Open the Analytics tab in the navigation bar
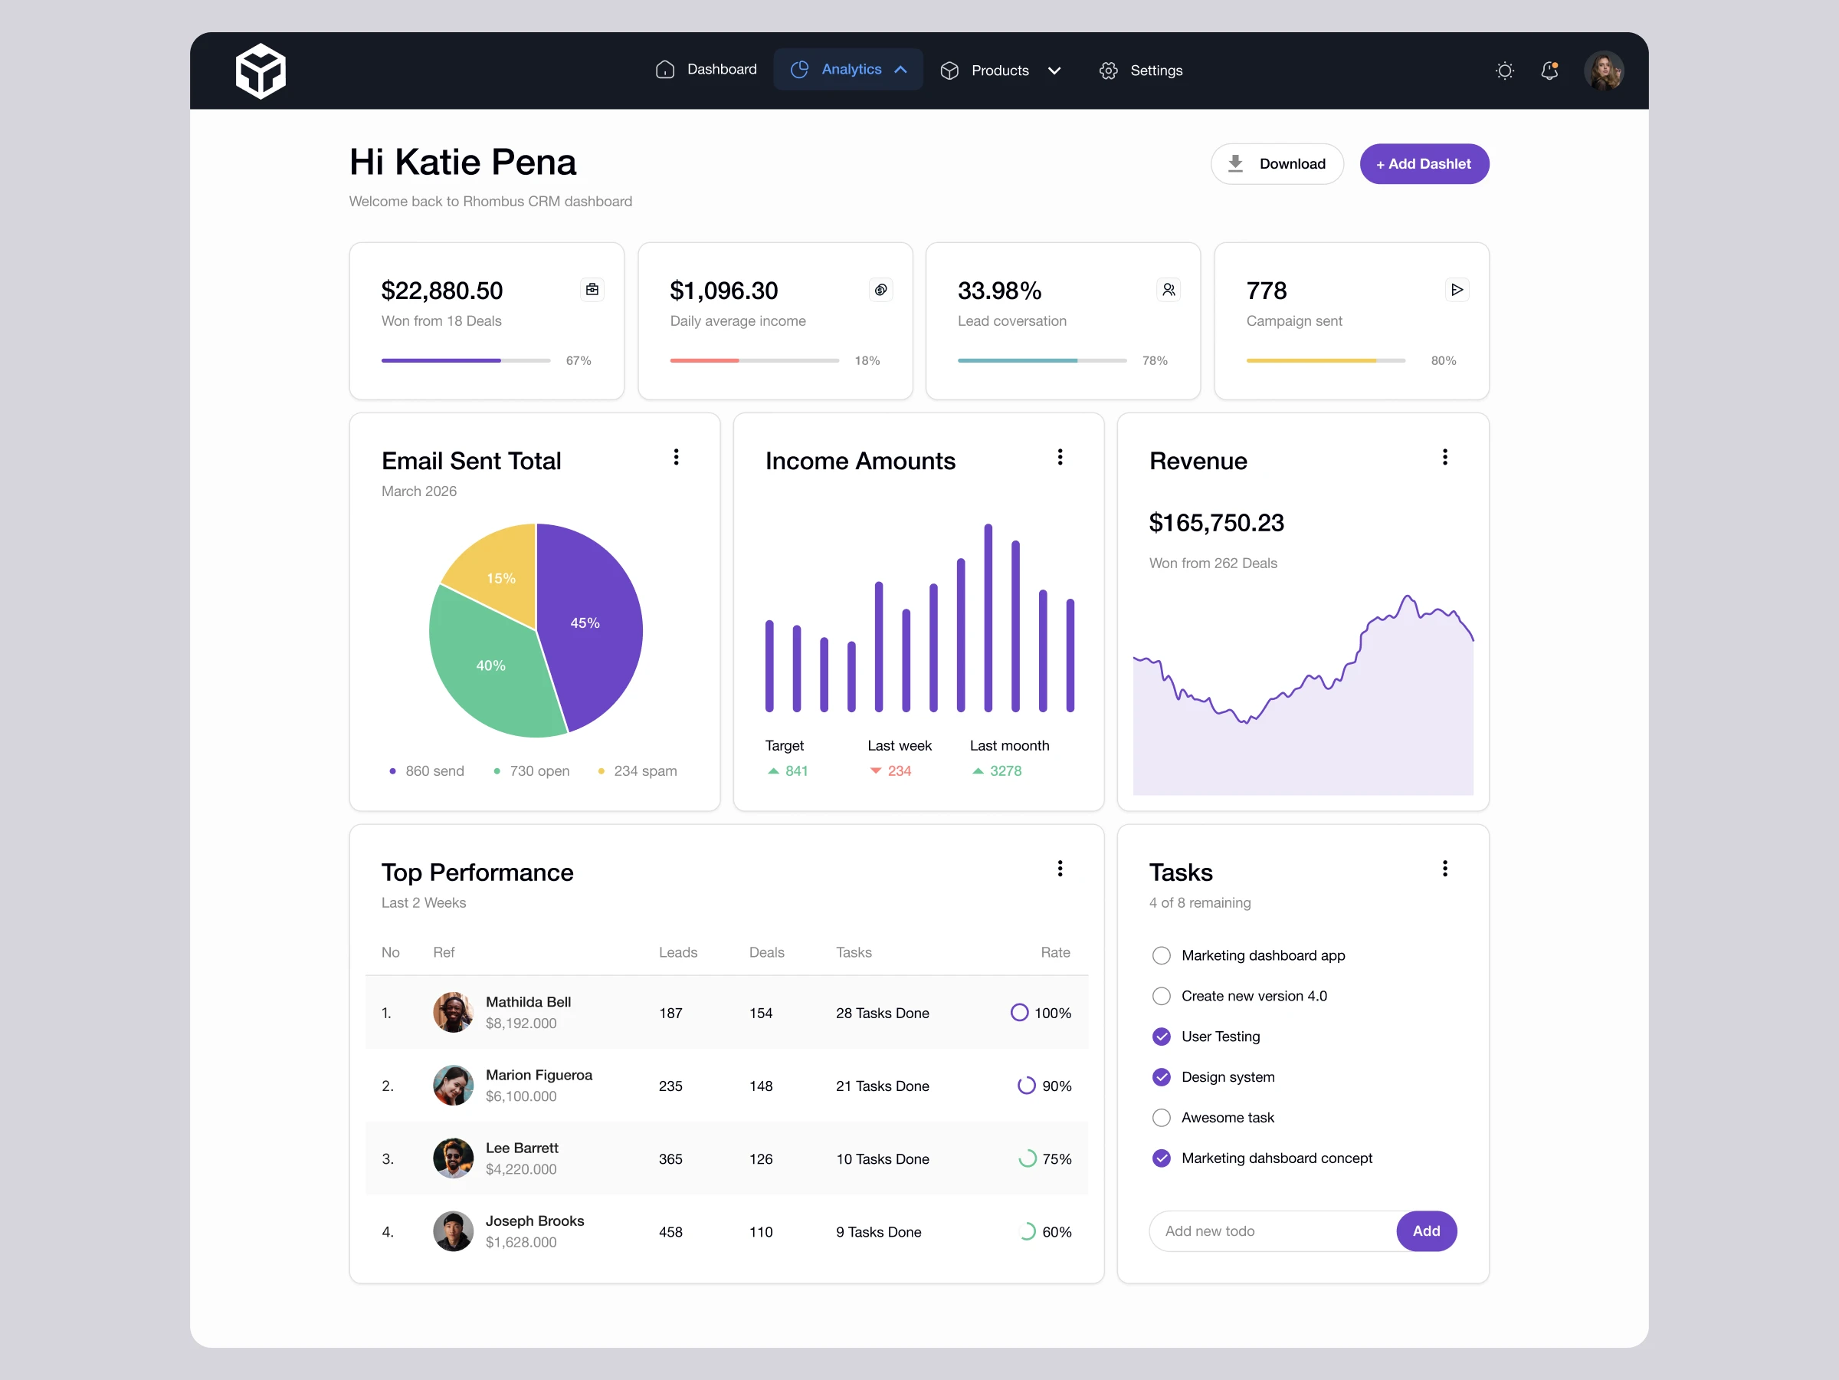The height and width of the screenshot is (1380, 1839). click(x=848, y=70)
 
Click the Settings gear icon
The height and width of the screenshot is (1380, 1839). click(x=1108, y=71)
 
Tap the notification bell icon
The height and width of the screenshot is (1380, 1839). click(x=1549, y=71)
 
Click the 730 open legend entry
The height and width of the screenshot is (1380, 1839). click(x=531, y=771)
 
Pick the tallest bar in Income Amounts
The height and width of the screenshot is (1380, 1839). click(x=988, y=617)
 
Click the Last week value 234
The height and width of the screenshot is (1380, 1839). click(x=899, y=771)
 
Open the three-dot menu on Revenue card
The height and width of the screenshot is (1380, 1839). click(x=1445, y=457)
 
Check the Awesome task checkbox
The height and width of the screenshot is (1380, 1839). click(x=1162, y=1117)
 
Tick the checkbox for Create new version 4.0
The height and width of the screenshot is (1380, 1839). click(x=1162, y=996)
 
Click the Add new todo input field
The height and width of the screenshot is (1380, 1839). click(x=1272, y=1231)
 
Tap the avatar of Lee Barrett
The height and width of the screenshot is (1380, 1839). click(x=453, y=1158)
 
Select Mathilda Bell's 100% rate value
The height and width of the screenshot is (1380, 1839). click(x=1053, y=1014)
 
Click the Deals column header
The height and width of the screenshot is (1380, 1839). click(x=766, y=952)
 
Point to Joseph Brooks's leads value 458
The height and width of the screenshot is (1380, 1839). click(x=670, y=1232)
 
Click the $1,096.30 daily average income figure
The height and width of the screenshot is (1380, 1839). click(x=723, y=291)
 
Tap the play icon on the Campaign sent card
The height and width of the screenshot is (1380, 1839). click(x=1457, y=290)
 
